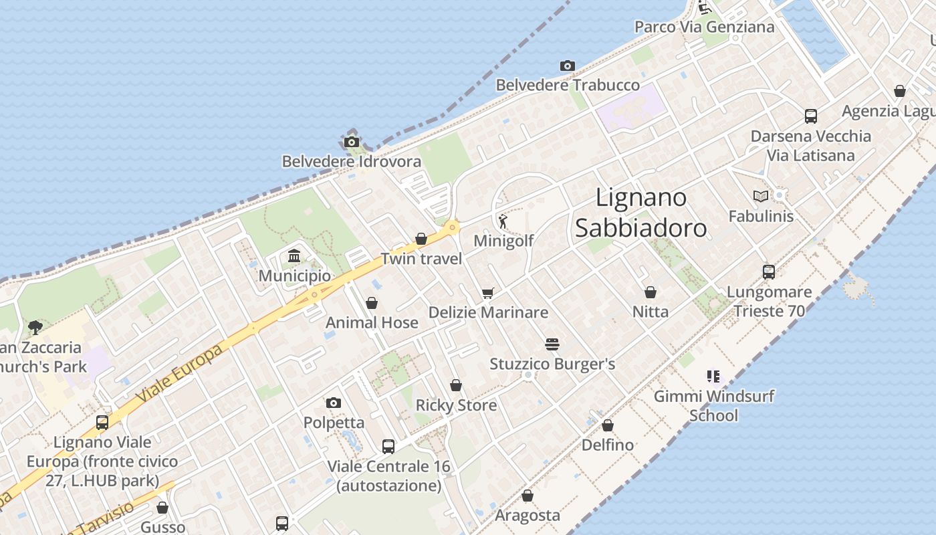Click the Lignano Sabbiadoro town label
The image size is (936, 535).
pyautogui.click(x=640, y=213)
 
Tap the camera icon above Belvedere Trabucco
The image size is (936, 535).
pyautogui.click(x=567, y=66)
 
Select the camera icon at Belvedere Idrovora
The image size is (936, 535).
pyautogui.click(x=351, y=142)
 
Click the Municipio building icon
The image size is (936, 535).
pyautogui.click(x=294, y=256)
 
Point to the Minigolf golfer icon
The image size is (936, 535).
pyautogui.click(x=503, y=221)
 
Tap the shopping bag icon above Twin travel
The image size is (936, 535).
pyautogui.click(x=421, y=239)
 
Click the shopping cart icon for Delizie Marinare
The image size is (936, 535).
pyautogui.click(x=487, y=293)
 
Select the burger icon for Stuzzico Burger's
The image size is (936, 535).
pyautogui.click(x=552, y=344)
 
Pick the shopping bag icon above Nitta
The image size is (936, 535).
pyautogui.click(x=650, y=292)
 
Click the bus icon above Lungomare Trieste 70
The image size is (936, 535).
pyautogui.click(x=769, y=272)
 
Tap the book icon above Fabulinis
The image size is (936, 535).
pyautogui.click(x=760, y=196)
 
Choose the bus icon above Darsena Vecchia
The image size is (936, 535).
pyautogui.click(x=810, y=116)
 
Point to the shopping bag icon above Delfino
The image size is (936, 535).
pyautogui.click(x=607, y=425)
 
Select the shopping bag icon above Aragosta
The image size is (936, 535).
pyautogui.click(x=527, y=496)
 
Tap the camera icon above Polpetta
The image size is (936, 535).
pyautogui.click(x=333, y=403)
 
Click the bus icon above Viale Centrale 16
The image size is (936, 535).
pyautogui.click(x=388, y=446)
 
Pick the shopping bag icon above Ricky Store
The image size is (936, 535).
pyautogui.click(x=455, y=385)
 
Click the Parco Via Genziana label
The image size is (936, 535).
pyautogui.click(x=704, y=27)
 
